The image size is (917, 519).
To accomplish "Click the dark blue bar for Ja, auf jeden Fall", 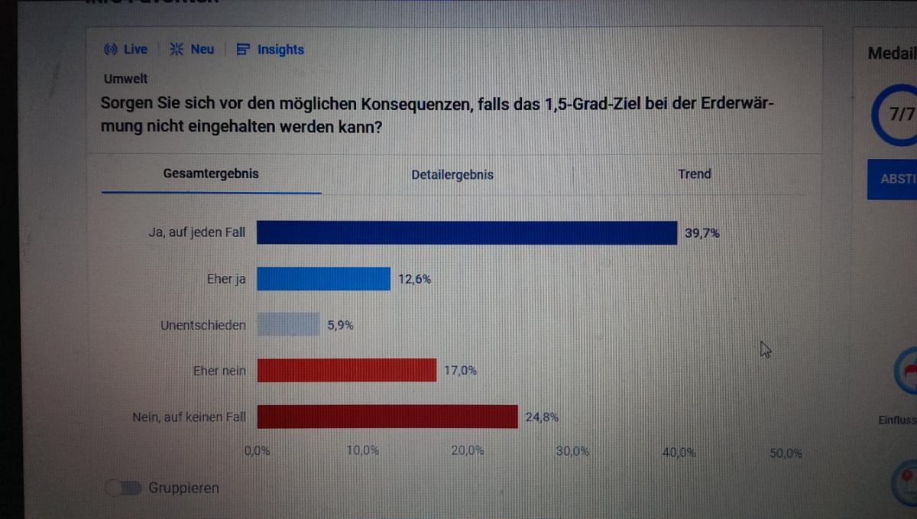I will tap(466, 233).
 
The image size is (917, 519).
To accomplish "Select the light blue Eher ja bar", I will tap(323, 279).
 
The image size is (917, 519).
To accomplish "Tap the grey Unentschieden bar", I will tap(288, 325).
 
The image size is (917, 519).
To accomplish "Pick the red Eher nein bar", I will tap(346, 371).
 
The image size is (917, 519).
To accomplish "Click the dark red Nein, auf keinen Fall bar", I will tap(387, 417).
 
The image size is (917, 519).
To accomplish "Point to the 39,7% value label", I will tap(702, 233).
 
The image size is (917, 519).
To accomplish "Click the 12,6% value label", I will tap(414, 279).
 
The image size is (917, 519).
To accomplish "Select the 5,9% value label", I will tap(340, 325).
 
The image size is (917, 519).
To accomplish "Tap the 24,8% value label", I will tap(542, 417).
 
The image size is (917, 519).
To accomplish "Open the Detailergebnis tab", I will tap(452, 174).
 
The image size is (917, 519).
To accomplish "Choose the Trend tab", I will tap(694, 174).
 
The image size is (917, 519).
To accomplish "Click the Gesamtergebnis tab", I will tap(211, 174).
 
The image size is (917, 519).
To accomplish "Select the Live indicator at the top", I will tap(126, 50).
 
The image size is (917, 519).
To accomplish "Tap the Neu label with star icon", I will tap(192, 50).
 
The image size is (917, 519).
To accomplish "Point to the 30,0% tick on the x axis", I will tap(572, 452).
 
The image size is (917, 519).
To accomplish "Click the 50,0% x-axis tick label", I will tap(785, 453).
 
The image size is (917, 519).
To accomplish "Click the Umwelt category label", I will tap(125, 79).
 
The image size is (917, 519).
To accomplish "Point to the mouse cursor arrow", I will tap(765, 349).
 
